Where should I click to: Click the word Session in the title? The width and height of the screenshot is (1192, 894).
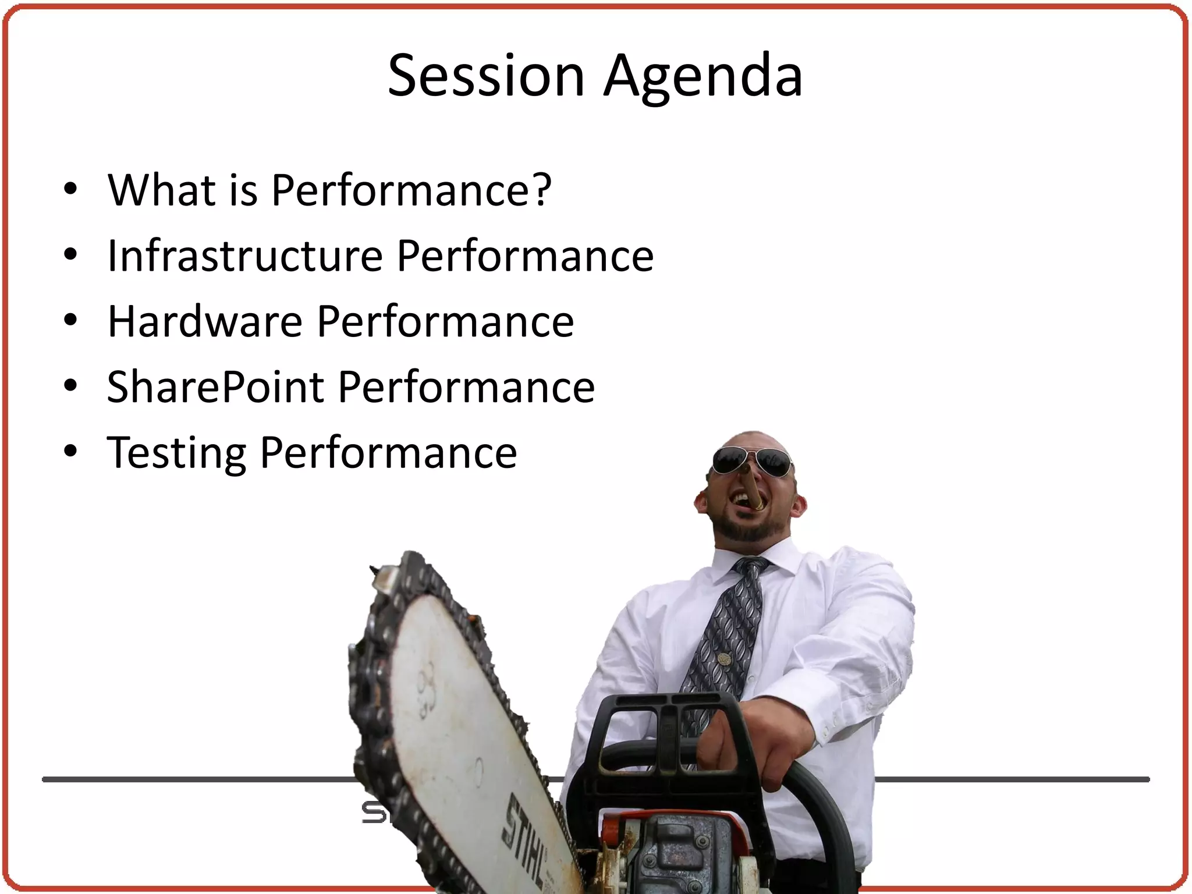pyautogui.click(x=486, y=76)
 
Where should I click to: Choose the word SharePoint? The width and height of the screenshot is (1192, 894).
pyautogui.click(x=215, y=387)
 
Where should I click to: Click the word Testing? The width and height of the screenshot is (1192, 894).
pyautogui.click(x=176, y=453)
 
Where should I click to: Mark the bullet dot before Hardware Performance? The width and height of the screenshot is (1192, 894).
pyautogui.click(x=70, y=321)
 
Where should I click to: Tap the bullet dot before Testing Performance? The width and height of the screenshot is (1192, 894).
pyautogui.click(x=70, y=452)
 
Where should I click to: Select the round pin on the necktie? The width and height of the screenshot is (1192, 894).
pyautogui.click(x=723, y=659)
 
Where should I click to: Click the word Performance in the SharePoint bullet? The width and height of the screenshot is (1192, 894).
pyautogui.click(x=466, y=387)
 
